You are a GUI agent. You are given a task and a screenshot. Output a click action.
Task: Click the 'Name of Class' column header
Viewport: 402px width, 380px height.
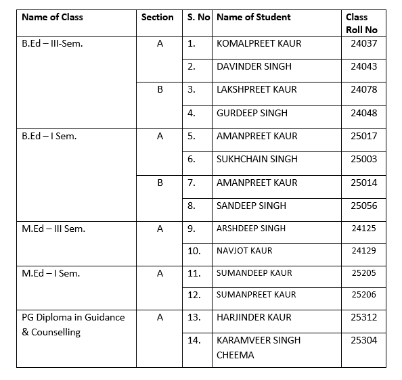pos(52,17)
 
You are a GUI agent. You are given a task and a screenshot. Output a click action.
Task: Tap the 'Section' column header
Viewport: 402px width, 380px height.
pos(157,17)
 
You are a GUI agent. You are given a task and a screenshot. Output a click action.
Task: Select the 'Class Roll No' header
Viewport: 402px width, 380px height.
pos(361,23)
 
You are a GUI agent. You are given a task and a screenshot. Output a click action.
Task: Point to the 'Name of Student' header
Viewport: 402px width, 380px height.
pos(253,17)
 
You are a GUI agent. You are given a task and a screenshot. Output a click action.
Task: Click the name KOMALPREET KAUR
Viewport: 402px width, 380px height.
pos(259,43)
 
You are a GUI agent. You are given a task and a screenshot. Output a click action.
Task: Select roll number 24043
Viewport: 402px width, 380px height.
pos(364,66)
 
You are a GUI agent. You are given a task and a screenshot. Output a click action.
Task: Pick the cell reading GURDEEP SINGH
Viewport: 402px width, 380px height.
pos(252,113)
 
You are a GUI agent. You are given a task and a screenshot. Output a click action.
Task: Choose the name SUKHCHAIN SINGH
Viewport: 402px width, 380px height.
pos(256,160)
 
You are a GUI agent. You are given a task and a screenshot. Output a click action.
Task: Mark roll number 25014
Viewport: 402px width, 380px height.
pos(364,183)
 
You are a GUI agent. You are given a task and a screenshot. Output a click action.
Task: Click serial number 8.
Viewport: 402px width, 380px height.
pos(192,206)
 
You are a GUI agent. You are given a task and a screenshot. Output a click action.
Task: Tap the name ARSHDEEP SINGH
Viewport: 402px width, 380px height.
pos(251,229)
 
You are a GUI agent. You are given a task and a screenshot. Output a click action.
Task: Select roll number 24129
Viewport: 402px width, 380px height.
pos(364,251)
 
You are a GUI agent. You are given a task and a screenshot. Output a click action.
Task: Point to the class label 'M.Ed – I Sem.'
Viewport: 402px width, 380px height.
pos(51,273)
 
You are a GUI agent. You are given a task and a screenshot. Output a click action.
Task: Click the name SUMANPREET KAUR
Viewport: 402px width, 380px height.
pos(256,295)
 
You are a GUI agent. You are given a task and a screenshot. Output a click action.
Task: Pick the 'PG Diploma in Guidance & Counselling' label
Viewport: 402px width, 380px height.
pos(73,325)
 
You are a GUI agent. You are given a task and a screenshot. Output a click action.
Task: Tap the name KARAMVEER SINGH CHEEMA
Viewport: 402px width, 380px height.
pos(258,348)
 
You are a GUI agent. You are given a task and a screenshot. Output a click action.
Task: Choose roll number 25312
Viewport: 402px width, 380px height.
pos(364,317)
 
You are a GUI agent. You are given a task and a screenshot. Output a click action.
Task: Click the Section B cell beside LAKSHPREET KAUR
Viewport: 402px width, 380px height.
pos(160,89)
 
